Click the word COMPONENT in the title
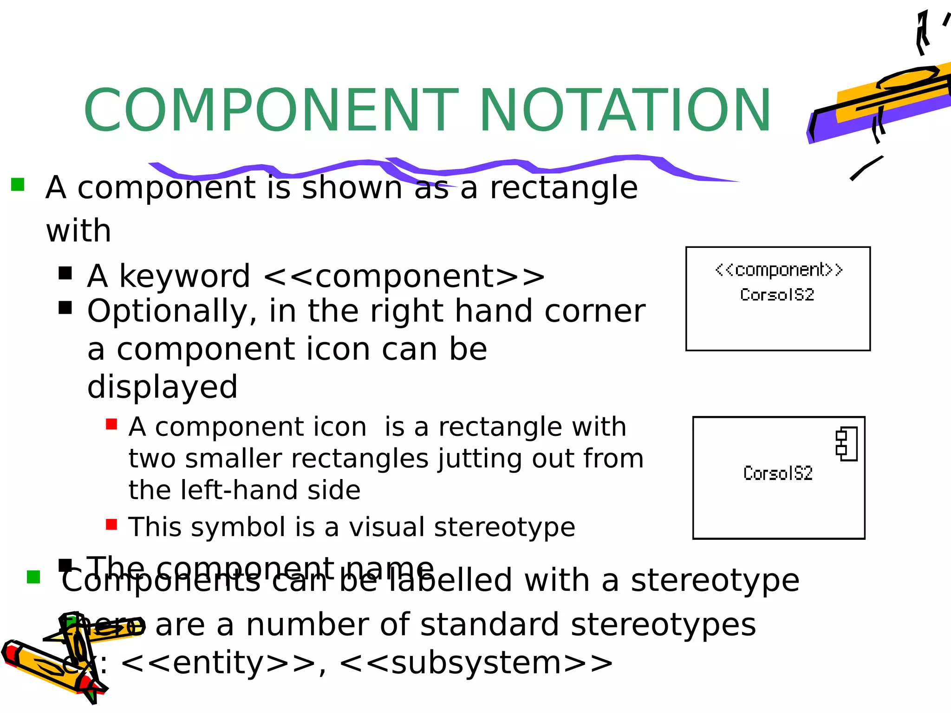pyautogui.click(x=271, y=110)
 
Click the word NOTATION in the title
pyautogui.click(x=625, y=110)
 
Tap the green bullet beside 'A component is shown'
pyautogui.click(x=18, y=184)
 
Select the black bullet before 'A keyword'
pyautogui.click(x=65, y=273)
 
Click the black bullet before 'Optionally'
pyautogui.click(x=65, y=308)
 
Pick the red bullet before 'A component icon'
pyautogui.click(x=111, y=424)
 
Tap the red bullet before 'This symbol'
pyautogui.click(x=111, y=524)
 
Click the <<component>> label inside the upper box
pyautogui.click(x=779, y=270)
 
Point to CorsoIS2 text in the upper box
pyautogui.click(x=777, y=295)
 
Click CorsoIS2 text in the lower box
pyautogui.click(x=778, y=473)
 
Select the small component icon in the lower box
pyautogui.click(x=847, y=443)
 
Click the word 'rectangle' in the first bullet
pyautogui.click(x=564, y=188)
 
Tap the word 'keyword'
pyautogui.click(x=184, y=276)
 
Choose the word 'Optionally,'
pyautogui.click(x=172, y=311)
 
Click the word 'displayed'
pyautogui.click(x=163, y=387)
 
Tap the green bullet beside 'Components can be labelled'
pyautogui.click(x=33, y=577)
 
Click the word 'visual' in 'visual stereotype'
pyautogui.click(x=386, y=527)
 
